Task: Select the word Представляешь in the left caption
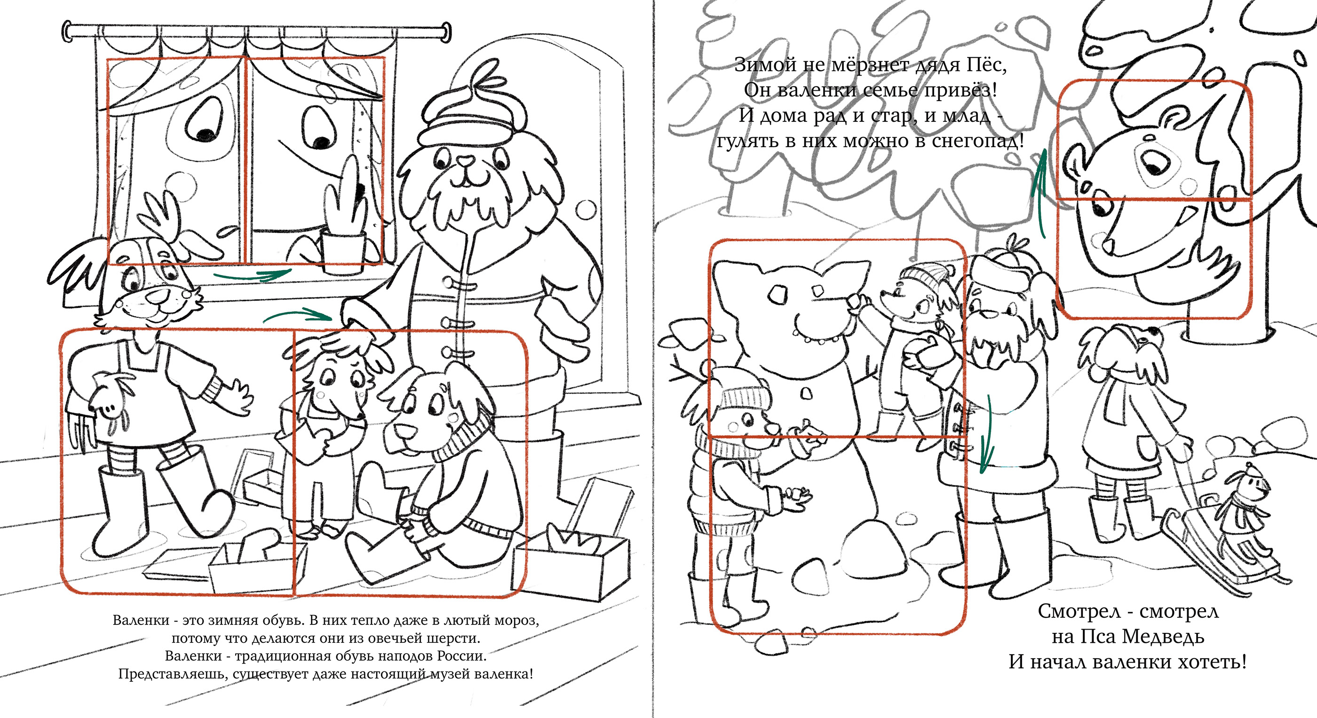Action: [171, 674]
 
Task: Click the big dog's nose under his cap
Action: [465, 161]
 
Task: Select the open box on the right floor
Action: [570, 562]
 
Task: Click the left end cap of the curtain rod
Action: [67, 31]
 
